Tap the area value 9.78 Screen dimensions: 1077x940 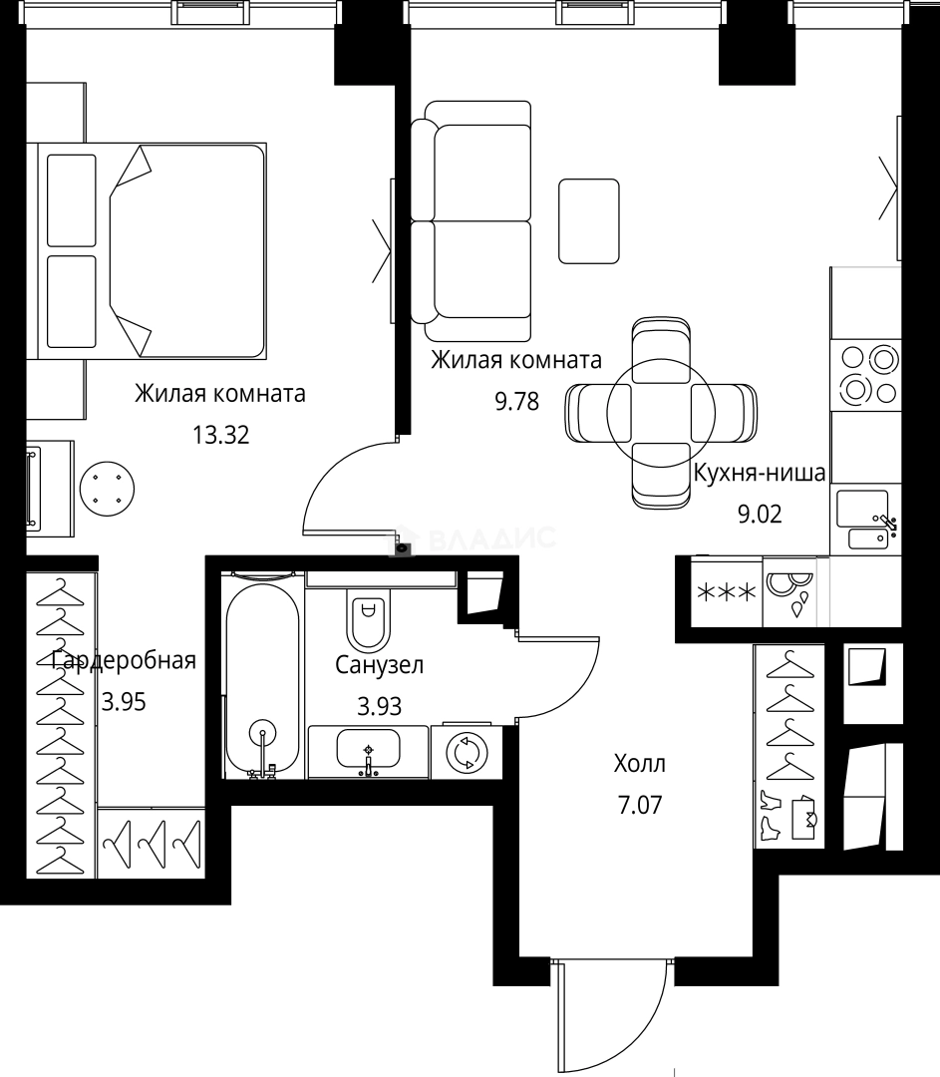[516, 402]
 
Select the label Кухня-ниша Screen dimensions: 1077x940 [760, 473]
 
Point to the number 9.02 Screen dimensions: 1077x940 [760, 515]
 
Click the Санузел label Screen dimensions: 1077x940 [379, 665]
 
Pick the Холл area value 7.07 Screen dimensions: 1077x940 [640, 805]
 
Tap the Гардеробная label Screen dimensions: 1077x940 [123, 660]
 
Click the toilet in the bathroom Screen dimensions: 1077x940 [369, 618]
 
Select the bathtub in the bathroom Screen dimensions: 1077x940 [262, 678]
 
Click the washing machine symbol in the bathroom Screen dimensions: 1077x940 [465, 753]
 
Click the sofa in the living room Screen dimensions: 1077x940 [472, 221]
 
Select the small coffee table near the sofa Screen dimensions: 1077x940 [588, 220]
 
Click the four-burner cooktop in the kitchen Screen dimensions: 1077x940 [865, 373]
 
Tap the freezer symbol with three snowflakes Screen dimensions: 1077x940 [727, 593]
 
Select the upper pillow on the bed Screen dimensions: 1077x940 [72, 199]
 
